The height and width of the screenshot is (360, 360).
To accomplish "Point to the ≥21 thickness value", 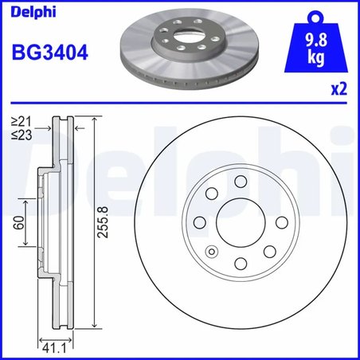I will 22,122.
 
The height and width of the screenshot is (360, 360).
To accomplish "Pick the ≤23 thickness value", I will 22,135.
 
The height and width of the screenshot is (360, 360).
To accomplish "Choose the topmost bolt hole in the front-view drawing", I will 241,182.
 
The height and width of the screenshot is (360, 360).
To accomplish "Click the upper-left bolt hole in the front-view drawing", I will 213,194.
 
